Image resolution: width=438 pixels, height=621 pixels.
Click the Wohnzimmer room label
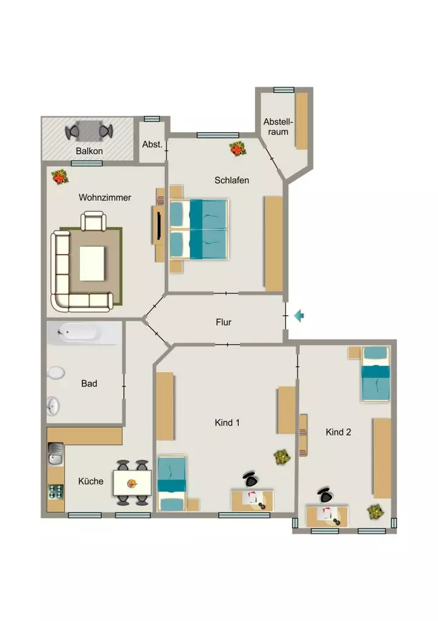[105, 197]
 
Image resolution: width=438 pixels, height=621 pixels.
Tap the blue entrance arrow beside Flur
[299, 315]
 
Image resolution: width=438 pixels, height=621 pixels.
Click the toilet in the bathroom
[56, 373]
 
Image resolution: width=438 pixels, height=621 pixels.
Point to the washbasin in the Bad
[53, 406]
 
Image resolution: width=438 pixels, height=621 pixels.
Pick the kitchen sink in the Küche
[55, 454]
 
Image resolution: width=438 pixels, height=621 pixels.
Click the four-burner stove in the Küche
[56, 492]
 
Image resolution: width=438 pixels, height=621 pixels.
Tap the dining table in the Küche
[132, 483]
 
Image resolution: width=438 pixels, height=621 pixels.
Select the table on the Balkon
[89, 131]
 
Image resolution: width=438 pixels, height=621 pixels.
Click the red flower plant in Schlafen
[237, 149]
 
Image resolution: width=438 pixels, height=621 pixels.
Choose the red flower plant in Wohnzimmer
[60, 176]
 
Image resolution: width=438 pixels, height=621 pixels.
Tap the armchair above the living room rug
[93, 221]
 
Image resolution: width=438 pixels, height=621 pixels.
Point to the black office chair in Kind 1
[250, 479]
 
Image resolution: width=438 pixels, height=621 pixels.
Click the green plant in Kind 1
[282, 457]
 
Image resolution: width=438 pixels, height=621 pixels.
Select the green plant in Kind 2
[375, 512]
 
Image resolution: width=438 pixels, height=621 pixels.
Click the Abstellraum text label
[278, 127]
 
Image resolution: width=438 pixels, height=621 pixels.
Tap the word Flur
[224, 322]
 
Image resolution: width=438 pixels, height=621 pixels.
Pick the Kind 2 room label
[338, 432]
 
